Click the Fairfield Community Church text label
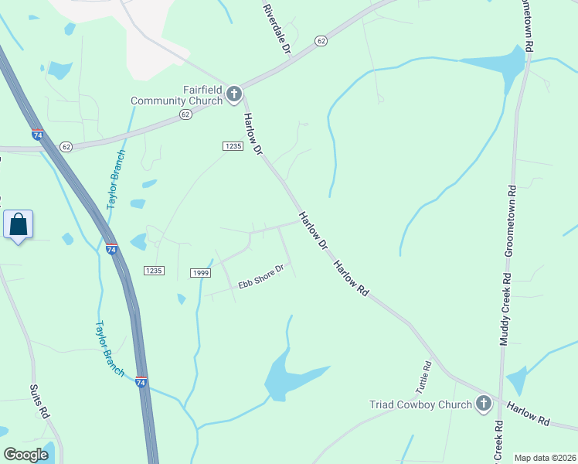(176, 95)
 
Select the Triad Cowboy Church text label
(420, 404)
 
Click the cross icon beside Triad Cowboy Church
(483, 403)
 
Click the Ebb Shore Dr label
(261, 277)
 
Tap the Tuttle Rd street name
(427, 375)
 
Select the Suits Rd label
(39, 401)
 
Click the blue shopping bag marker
(19, 225)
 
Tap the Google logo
(26, 455)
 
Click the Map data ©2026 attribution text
(545, 458)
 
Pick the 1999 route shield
(201, 273)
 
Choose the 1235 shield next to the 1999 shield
(154, 270)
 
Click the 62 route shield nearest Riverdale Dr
(321, 40)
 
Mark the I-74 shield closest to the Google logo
(141, 382)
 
